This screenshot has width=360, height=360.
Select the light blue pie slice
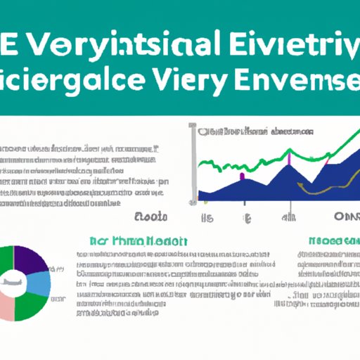pyautogui.click(x=42, y=283)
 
